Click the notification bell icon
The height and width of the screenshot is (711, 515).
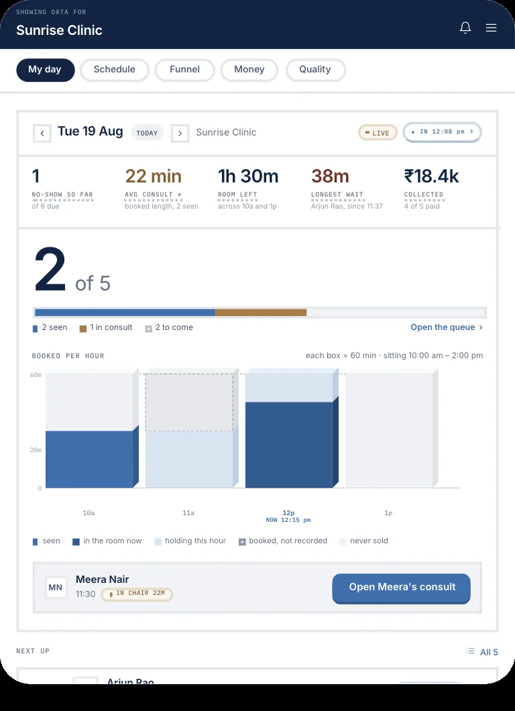(465, 28)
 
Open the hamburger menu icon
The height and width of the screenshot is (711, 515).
(492, 28)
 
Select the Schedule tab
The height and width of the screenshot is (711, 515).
(114, 70)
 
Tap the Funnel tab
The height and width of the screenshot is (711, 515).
(184, 70)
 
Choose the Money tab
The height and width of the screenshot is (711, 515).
(249, 70)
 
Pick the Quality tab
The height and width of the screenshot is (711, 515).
(315, 70)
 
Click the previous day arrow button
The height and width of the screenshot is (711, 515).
(42, 133)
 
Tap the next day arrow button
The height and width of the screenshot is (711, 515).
(180, 133)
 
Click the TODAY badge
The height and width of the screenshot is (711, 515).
(147, 133)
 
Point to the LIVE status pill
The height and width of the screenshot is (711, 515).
(378, 132)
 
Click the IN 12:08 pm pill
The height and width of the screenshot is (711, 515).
(442, 132)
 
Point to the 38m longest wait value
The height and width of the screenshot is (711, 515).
(330, 176)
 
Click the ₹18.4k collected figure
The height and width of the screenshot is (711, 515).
(431, 176)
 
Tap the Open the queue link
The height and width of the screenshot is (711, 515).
(447, 327)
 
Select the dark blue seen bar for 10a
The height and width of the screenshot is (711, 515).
(89, 459)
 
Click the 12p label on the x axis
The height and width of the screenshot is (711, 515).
(288, 513)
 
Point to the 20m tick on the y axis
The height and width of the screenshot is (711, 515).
(36, 450)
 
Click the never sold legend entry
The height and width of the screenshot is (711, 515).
(363, 541)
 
